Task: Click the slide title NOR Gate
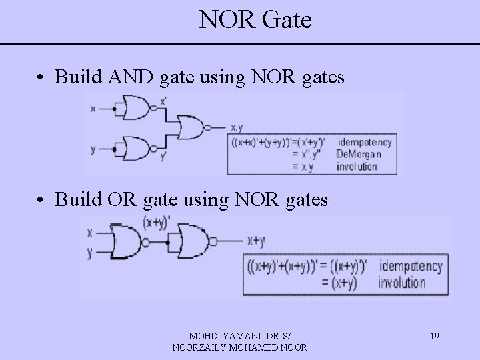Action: click(255, 20)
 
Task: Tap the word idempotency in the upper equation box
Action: click(365, 142)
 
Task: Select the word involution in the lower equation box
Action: click(403, 282)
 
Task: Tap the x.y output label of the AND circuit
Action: click(237, 127)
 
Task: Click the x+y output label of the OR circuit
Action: click(257, 240)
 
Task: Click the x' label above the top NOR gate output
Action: click(163, 101)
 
